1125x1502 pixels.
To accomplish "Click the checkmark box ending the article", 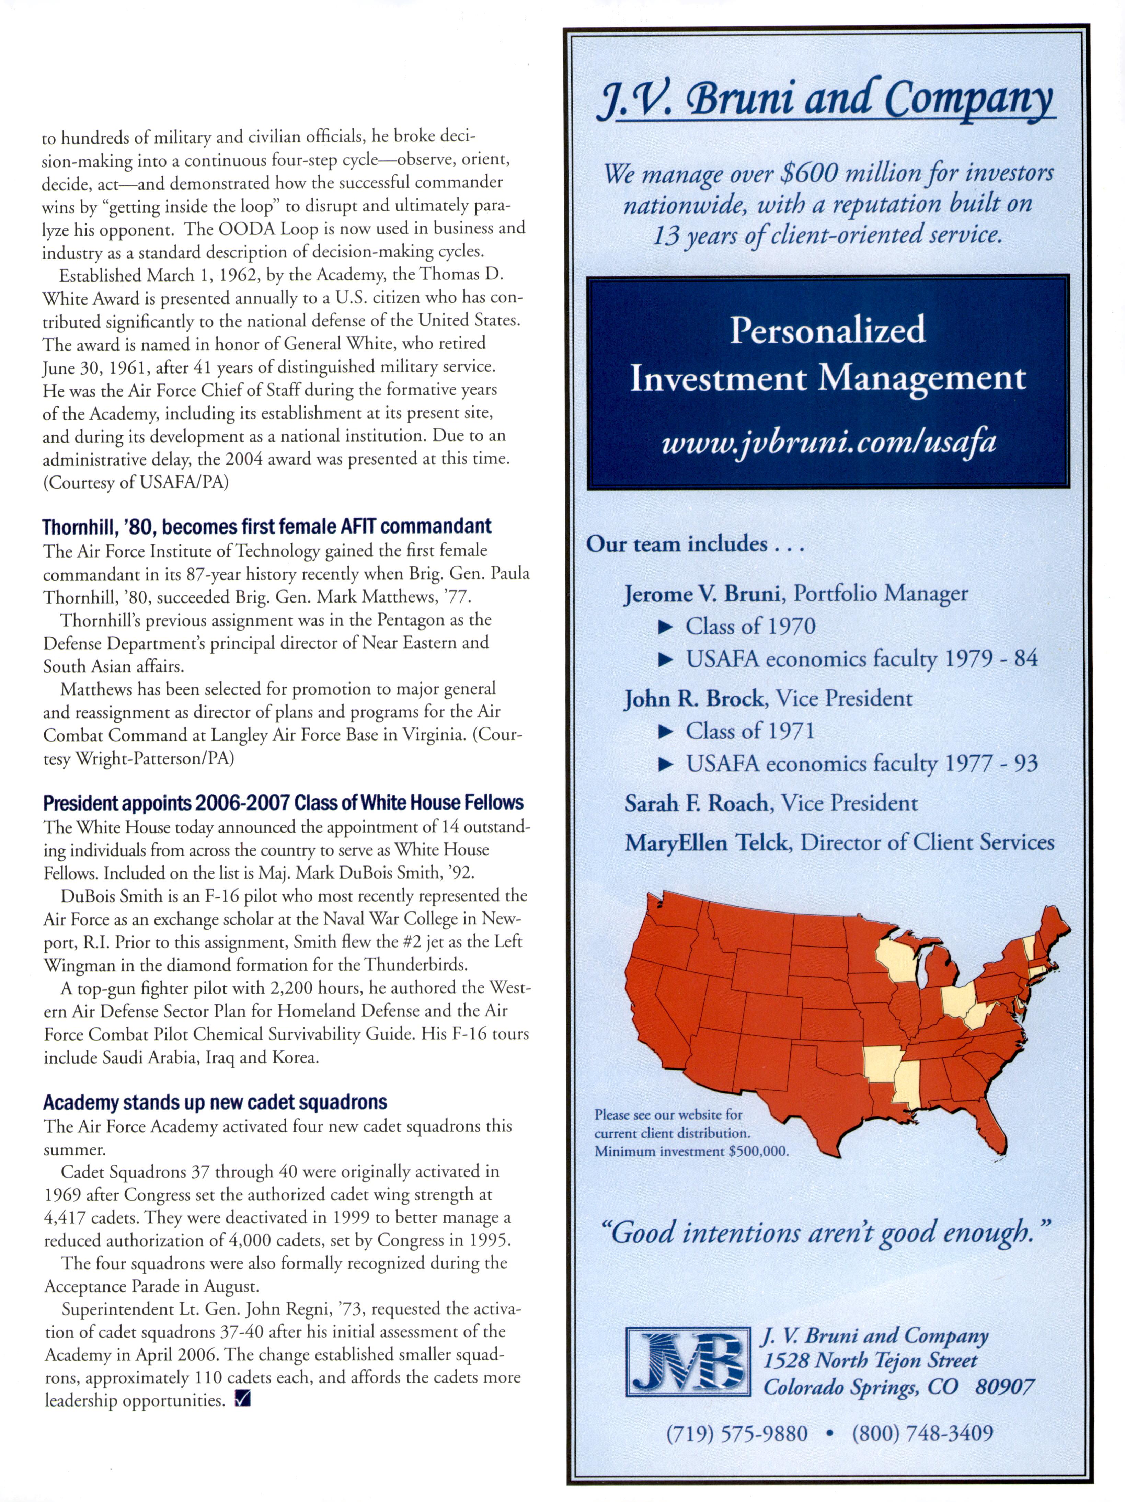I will point(242,1399).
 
